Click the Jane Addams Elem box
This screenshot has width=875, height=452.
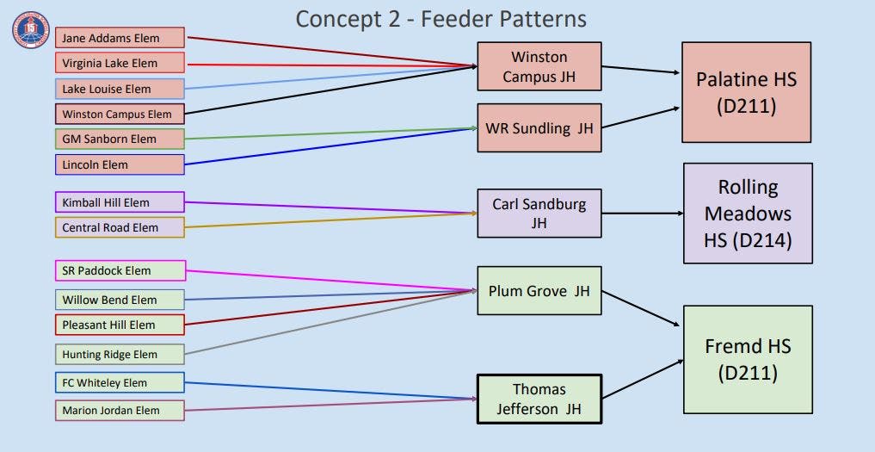click(120, 38)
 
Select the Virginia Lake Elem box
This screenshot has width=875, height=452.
click(120, 63)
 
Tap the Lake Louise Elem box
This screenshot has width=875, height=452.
click(120, 89)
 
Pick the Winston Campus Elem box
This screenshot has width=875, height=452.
click(120, 114)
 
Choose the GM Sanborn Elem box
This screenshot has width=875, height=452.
click(120, 139)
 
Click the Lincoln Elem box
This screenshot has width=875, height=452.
click(120, 164)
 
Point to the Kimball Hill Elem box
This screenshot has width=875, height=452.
click(120, 202)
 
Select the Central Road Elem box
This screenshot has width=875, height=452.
click(120, 227)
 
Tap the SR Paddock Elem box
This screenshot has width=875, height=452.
click(120, 270)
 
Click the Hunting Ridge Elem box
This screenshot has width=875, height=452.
click(120, 354)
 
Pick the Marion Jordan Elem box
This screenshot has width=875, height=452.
click(120, 411)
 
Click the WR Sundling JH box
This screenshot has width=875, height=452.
click(539, 128)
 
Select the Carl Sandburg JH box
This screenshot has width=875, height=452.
click(539, 214)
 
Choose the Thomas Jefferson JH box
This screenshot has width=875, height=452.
click(539, 399)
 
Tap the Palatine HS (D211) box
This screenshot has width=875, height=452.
click(746, 92)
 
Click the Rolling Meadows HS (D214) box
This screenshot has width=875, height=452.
click(748, 214)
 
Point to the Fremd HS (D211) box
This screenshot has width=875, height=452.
click(748, 360)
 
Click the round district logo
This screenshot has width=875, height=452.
click(31, 30)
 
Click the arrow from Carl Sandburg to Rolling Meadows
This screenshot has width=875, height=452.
click(643, 214)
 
